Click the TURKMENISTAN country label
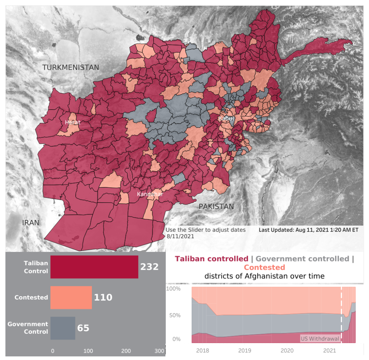70,67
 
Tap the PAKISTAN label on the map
216,207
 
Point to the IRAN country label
31,223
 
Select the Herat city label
73,122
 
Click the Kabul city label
225,118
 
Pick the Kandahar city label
150,194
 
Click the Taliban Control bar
94,267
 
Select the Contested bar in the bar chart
71,297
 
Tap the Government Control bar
63,328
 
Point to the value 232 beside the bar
149,267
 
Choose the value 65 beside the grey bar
83,328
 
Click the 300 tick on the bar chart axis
159,351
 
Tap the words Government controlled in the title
302,259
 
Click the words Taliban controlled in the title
211,259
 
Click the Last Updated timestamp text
308,230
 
